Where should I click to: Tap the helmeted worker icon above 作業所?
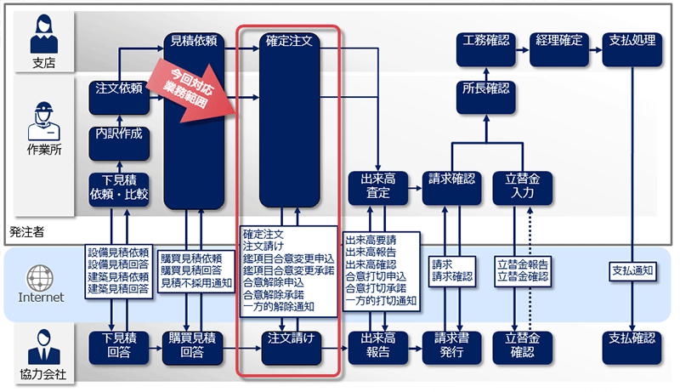tap(41, 119)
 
